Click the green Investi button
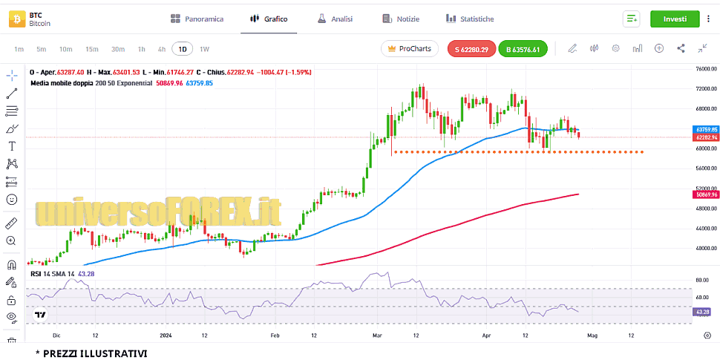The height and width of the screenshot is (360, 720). [x=675, y=19]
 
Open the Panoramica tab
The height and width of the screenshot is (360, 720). [x=197, y=19]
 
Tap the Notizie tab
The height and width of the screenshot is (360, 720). [x=400, y=19]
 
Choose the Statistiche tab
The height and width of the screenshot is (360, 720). [x=469, y=19]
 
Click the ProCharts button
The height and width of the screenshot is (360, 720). [x=409, y=49]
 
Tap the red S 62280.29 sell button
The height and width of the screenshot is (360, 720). [x=472, y=50]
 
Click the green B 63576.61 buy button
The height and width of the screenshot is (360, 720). [x=523, y=50]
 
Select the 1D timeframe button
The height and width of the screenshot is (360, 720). [x=182, y=49]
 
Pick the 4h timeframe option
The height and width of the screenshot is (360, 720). [x=162, y=49]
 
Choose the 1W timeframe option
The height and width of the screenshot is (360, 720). [x=204, y=49]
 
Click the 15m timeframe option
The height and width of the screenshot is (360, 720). [x=91, y=49]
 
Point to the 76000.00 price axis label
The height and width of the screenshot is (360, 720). [x=704, y=69]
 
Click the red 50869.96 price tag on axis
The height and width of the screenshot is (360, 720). [x=704, y=194]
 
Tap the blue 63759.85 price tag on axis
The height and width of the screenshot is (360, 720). [x=704, y=130]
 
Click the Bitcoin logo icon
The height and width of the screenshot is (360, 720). [x=16, y=19]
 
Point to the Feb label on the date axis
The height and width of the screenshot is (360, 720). [x=275, y=335]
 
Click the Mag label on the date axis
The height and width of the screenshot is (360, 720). [x=592, y=335]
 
